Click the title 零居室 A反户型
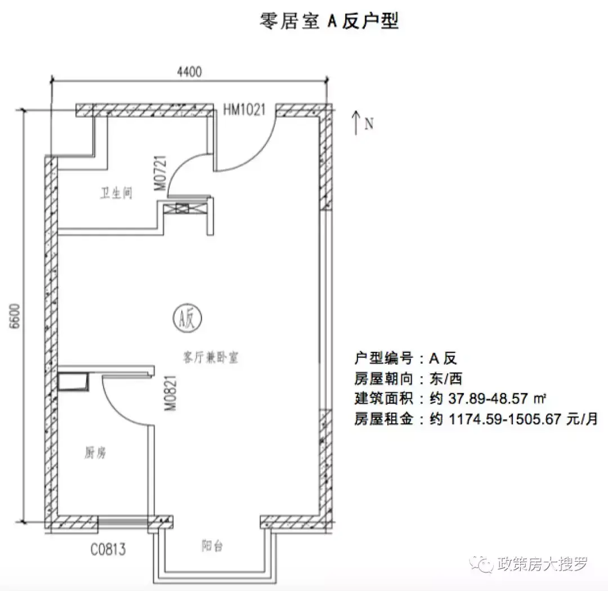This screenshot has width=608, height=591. (329, 21)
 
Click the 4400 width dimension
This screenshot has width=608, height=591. (189, 71)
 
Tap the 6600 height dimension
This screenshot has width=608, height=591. (15, 316)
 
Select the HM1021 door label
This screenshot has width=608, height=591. (244, 110)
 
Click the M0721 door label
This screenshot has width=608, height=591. (160, 173)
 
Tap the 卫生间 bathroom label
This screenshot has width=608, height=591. (117, 192)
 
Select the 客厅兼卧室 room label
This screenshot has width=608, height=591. (211, 357)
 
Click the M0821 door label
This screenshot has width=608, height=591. (171, 393)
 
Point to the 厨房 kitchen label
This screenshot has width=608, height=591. (95, 452)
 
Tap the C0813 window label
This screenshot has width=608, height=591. (108, 549)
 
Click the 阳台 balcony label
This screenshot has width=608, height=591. (212, 546)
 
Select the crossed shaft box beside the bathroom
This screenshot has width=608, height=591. (182, 208)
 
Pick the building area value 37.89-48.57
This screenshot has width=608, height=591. (488, 399)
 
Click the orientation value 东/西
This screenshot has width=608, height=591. (445, 378)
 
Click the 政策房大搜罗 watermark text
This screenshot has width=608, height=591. (543, 563)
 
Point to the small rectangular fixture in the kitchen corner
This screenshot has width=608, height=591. (73, 381)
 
